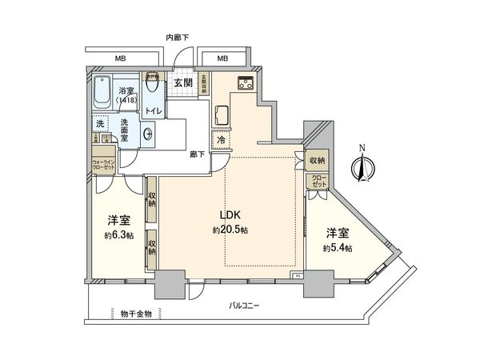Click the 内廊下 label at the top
point(177,38)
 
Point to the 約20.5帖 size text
point(230,230)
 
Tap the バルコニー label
point(245,306)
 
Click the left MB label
point(119,58)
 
